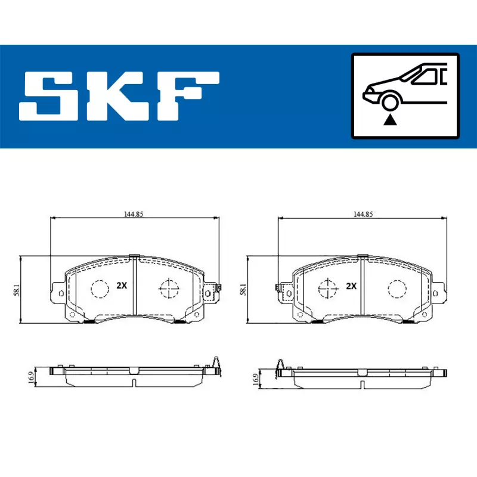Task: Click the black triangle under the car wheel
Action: pos(390,120)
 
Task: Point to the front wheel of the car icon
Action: pos(390,103)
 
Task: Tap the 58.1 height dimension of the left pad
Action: pos(18,290)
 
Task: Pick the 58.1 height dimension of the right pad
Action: pos(243,290)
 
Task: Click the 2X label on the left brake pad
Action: pos(122,286)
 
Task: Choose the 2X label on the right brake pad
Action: pos(351,286)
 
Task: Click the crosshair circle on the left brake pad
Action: pos(169,289)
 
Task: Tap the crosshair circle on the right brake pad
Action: pos(327,289)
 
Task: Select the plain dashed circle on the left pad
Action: pos(99,289)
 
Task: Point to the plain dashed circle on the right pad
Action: pos(397,289)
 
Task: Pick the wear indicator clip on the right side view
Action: pos(278,364)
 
